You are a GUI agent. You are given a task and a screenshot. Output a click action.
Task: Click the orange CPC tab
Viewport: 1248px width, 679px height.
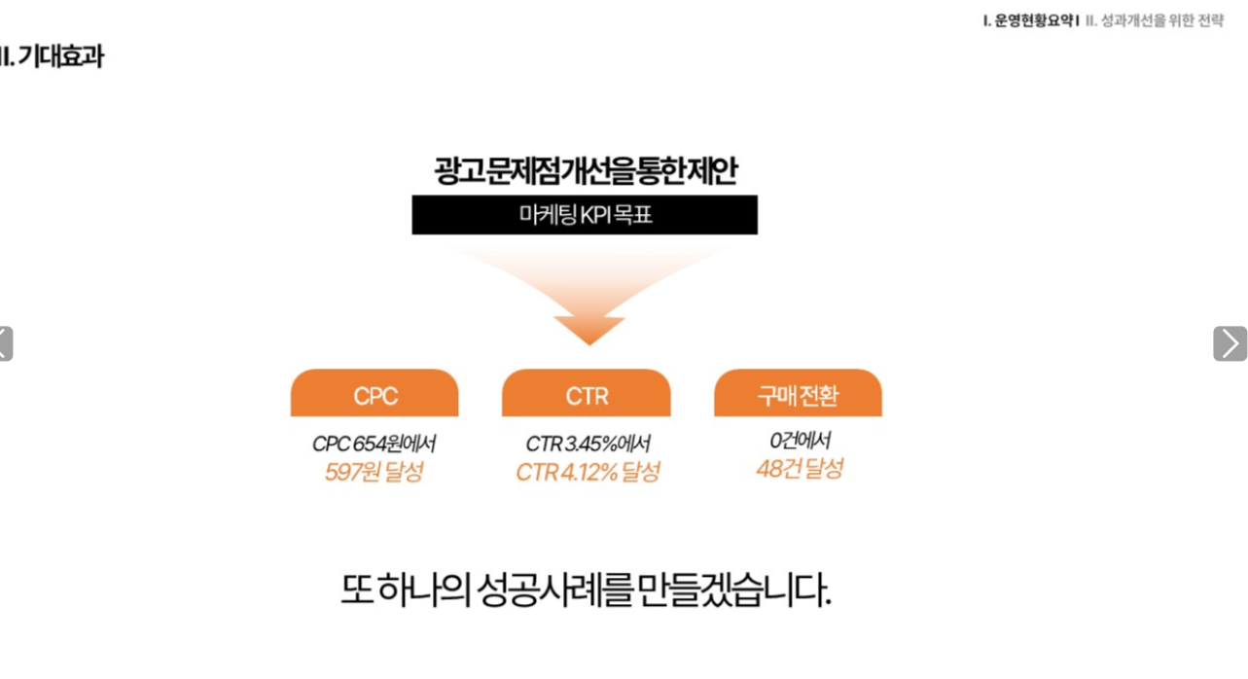coord(374,393)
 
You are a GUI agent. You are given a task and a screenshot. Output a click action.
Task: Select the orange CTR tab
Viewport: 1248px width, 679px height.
coord(587,393)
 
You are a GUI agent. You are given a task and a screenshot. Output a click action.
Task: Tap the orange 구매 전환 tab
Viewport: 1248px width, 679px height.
coord(798,393)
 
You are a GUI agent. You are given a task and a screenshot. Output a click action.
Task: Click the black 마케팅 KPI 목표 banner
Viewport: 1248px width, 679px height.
coord(585,215)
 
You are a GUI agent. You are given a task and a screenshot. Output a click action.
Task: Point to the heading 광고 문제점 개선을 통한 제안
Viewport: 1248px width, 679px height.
coord(586,170)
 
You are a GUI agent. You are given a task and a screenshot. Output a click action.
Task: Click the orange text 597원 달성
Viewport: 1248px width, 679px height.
coord(374,472)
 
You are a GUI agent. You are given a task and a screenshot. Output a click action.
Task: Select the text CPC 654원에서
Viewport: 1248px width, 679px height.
coord(374,444)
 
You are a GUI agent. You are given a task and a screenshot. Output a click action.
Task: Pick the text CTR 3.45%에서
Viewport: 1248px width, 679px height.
coord(588,444)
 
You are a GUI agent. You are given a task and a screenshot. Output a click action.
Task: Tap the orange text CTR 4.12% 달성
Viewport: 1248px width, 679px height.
coord(588,472)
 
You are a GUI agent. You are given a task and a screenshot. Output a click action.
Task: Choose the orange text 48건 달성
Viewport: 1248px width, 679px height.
coord(800,469)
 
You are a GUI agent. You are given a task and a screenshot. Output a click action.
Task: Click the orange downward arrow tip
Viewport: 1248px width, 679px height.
coord(589,344)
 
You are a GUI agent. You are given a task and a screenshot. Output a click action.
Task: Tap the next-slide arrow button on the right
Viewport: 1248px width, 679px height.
coord(1230,343)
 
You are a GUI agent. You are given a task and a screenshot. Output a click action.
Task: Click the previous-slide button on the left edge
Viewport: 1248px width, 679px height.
coord(6,343)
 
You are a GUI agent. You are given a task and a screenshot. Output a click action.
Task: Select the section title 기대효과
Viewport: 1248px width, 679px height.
coord(60,56)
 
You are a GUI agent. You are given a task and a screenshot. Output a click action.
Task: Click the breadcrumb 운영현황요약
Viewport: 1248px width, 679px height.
coord(1034,20)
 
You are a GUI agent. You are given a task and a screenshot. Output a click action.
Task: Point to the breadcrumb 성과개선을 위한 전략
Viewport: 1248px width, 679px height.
coord(1162,20)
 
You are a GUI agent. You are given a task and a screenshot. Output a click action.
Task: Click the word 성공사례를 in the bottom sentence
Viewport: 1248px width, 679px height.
coord(554,590)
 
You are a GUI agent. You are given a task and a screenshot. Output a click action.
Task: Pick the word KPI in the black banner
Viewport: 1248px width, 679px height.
coord(592,215)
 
